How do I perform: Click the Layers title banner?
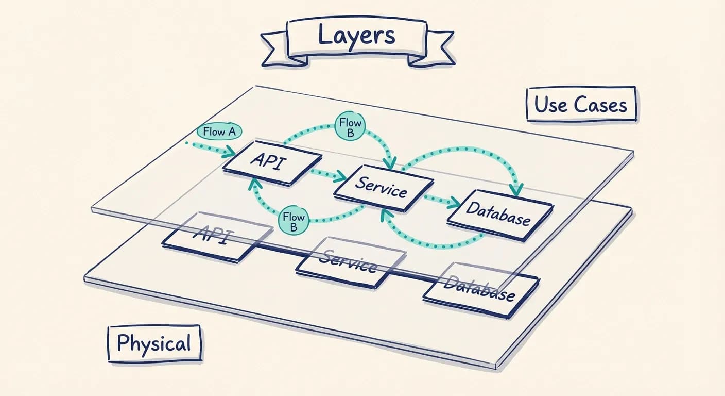tap(356, 36)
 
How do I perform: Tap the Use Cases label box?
tap(581, 105)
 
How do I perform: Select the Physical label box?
tap(153, 343)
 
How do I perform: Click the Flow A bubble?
tap(219, 131)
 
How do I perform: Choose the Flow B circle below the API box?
tap(294, 220)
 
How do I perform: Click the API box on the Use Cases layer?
tap(272, 161)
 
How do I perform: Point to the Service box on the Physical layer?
tap(350, 262)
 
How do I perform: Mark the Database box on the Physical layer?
tap(480, 289)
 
